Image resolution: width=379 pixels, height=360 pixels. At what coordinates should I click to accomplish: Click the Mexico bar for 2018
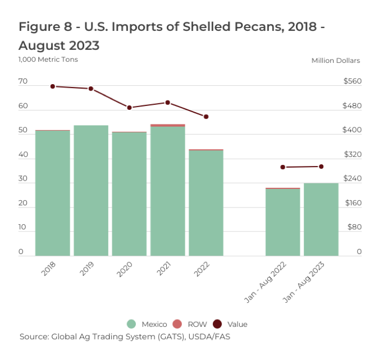point(52,193)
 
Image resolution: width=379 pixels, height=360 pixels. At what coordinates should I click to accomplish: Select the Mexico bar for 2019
point(90,191)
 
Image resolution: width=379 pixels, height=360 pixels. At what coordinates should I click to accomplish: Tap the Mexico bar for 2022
point(206,203)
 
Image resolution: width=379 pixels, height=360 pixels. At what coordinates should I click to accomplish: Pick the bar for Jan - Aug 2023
point(321,219)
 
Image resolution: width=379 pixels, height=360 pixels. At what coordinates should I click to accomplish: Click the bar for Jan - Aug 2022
point(282,222)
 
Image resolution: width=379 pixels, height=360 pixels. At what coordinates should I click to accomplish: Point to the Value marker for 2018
point(52,86)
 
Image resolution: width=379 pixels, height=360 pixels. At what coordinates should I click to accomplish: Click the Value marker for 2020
point(129,107)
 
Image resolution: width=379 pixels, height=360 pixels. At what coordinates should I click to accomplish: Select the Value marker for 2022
point(206,117)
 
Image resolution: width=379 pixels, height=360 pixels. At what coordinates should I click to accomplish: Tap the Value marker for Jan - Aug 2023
point(321,167)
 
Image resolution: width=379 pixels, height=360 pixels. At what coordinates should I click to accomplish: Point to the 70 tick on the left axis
point(22,81)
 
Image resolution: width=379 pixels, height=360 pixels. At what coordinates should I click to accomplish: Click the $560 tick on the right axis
point(353,81)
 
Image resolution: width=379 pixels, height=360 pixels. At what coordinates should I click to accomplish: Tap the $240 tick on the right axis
point(353,179)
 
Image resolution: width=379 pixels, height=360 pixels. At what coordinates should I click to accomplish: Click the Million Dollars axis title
point(336,61)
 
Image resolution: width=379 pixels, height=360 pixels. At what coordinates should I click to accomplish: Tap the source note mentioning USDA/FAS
point(125,337)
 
